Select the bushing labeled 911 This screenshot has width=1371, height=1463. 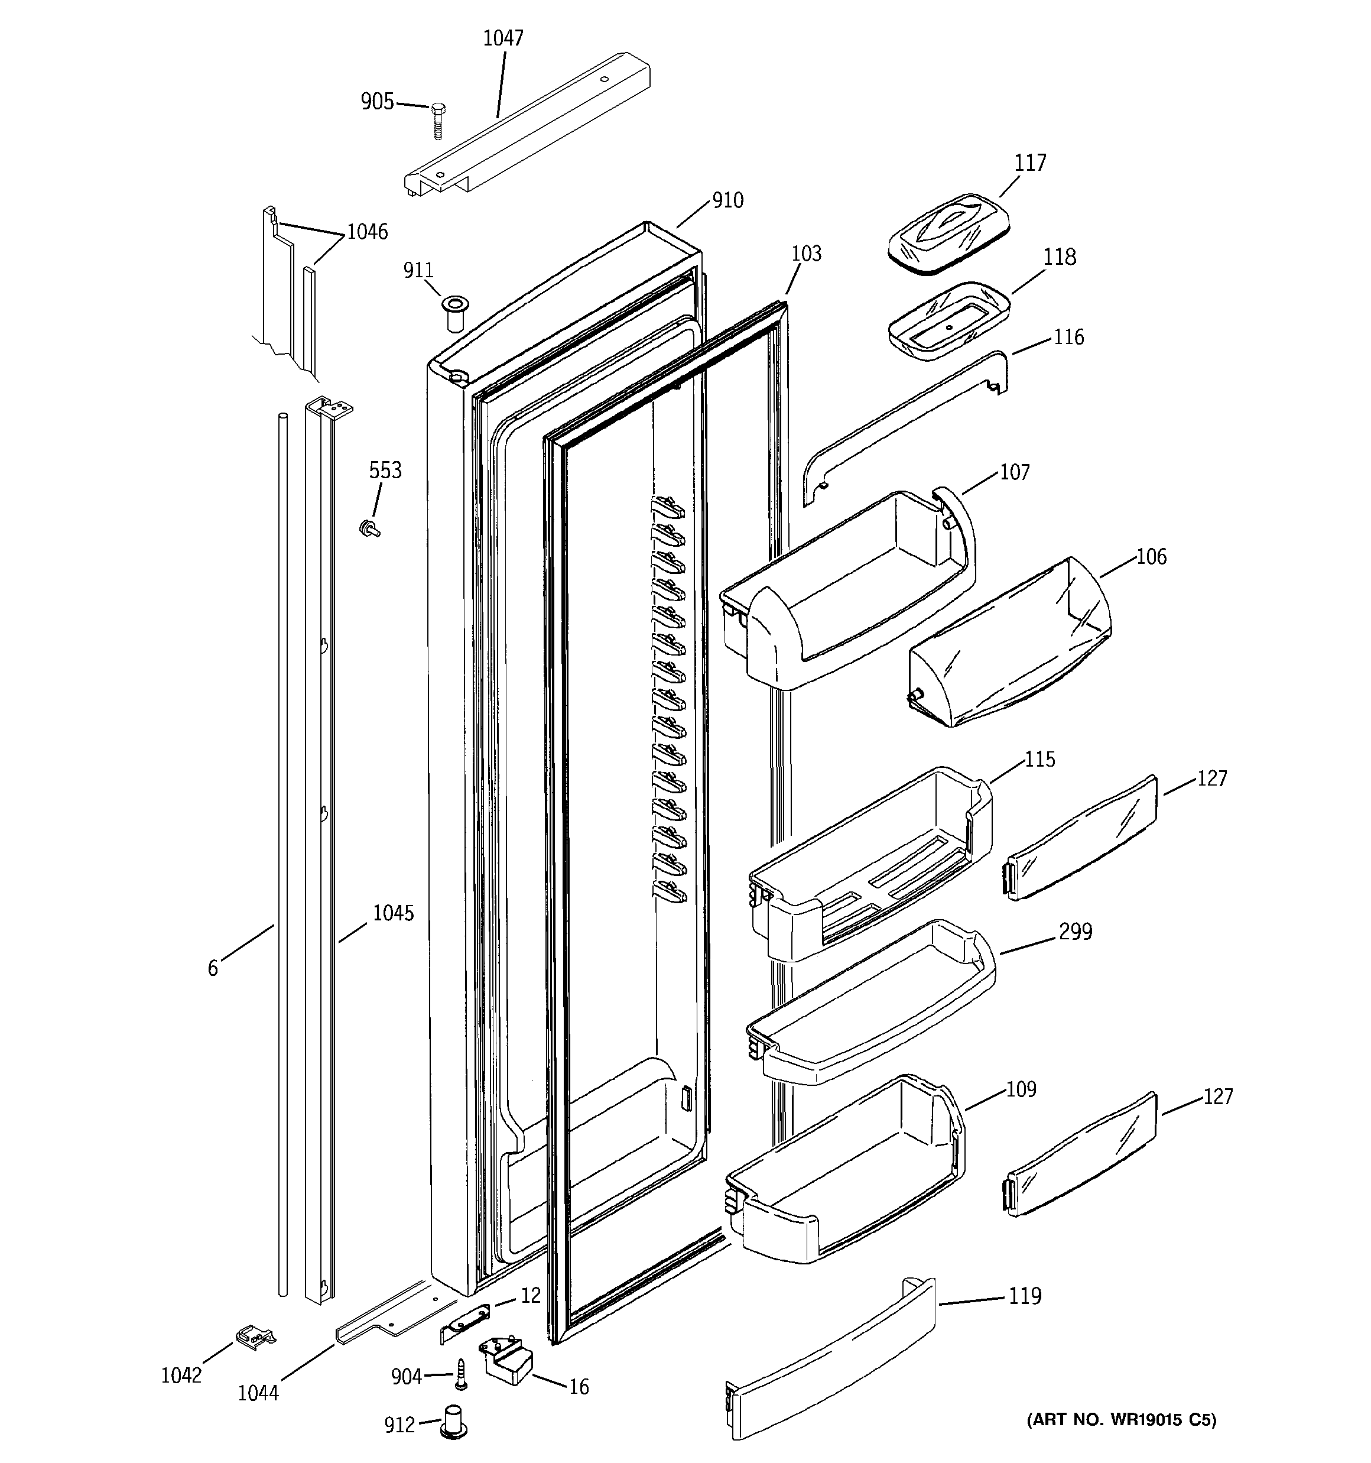click(455, 314)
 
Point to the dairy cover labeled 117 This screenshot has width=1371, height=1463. click(948, 233)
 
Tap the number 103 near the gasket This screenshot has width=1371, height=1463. click(806, 254)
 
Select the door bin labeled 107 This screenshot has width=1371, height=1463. click(846, 589)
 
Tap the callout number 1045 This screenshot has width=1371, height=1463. click(393, 913)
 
